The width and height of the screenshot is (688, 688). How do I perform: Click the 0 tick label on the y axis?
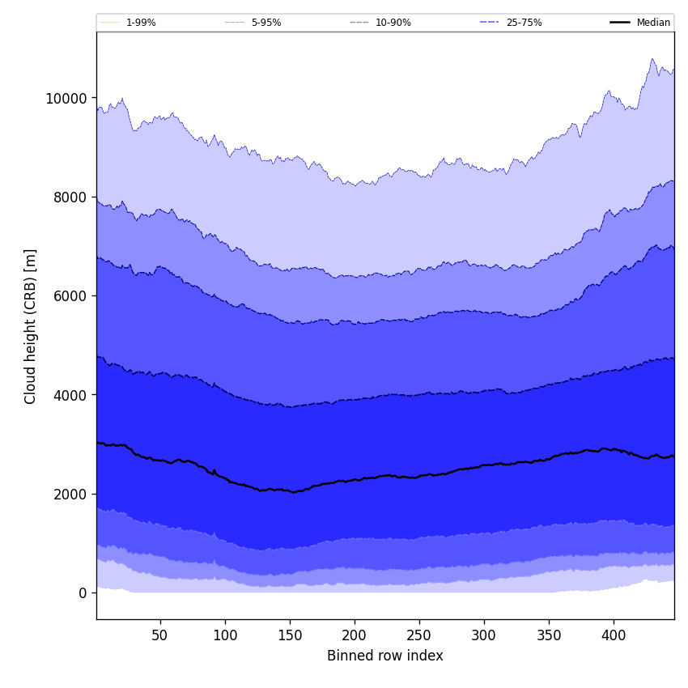tap(82, 593)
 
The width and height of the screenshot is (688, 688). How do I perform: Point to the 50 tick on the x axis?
tap(159, 635)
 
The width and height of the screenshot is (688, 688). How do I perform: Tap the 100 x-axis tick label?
tap(225, 635)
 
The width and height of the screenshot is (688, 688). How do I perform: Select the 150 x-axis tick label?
tap(290, 635)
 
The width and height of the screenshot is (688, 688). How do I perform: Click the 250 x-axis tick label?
tap(419, 635)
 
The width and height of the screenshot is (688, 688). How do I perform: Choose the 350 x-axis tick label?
tap(549, 635)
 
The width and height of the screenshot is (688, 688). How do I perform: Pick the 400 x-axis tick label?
tap(614, 635)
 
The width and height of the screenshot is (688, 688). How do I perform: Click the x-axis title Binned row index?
tap(385, 656)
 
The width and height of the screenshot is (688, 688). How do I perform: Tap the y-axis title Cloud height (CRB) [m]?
tap(31, 326)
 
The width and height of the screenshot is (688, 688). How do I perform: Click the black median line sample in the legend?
tap(621, 23)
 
